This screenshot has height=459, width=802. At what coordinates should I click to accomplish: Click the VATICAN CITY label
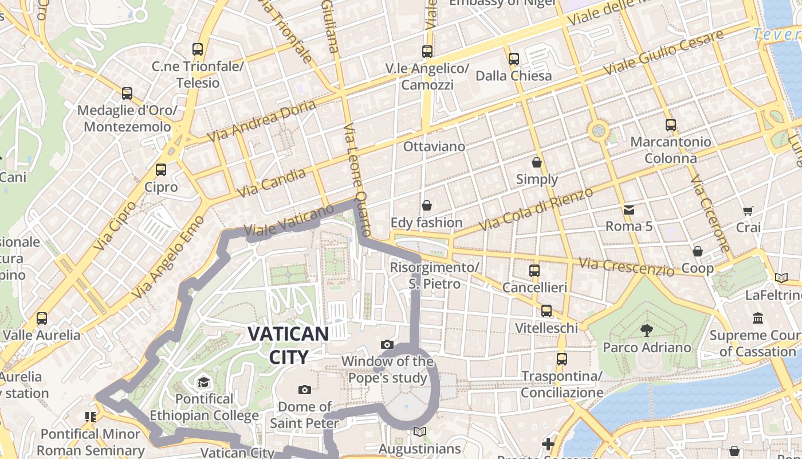[x=289, y=345]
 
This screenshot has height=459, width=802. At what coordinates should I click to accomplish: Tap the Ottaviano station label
[x=434, y=146]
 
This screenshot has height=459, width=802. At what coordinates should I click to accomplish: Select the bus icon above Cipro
[x=161, y=170]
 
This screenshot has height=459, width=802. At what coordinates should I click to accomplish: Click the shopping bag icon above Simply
[x=537, y=162]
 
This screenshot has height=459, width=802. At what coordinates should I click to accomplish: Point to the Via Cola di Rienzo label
[x=536, y=209]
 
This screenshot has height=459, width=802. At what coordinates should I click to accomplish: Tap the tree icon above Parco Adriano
[x=647, y=330]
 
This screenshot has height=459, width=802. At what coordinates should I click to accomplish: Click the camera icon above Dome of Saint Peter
[x=305, y=390]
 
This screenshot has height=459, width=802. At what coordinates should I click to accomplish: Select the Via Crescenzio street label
[x=626, y=266]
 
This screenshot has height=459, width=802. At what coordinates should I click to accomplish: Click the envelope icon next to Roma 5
[x=629, y=210]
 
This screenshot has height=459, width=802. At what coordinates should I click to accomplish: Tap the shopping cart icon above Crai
[x=748, y=211]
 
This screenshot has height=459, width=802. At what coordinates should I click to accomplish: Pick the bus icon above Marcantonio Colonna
[x=670, y=125]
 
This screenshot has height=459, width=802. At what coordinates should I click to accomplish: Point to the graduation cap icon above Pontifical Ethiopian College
[x=204, y=382]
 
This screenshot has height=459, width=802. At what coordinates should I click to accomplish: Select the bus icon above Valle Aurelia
[x=42, y=318]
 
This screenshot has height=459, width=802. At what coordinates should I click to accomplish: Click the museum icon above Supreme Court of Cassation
[x=758, y=318]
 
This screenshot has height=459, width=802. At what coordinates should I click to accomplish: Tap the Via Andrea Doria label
[x=262, y=122]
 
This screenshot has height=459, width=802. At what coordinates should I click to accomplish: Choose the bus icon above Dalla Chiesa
[x=514, y=59]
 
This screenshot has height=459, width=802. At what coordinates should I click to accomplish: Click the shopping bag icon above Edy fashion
[x=426, y=205]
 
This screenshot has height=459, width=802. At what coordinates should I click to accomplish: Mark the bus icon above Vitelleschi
[x=547, y=311]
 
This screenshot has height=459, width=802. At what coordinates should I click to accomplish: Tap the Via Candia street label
[x=272, y=183]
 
